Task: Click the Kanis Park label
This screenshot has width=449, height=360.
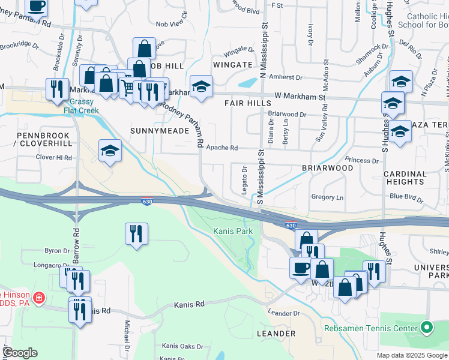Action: click(x=233, y=232)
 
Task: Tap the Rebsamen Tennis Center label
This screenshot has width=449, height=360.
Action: click(x=370, y=329)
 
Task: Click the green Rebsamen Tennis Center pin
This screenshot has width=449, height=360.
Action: click(x=427, y=328)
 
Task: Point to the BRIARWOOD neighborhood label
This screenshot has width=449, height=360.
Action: click(x=327, y=168)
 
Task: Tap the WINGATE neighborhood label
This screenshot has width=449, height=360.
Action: click(x=232, y=65)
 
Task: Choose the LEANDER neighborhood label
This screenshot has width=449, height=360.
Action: click(x=276, y=333)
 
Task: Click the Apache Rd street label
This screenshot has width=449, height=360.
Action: click(x=222, y=148)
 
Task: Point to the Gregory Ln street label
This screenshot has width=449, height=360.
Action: click(x=327, y=197)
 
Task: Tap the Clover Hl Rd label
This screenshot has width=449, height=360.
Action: click(x=54, y=158)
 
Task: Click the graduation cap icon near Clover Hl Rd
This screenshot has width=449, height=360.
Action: click(x=110, y=151)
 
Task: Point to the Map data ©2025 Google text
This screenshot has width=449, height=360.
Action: click(x=412, y=355)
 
